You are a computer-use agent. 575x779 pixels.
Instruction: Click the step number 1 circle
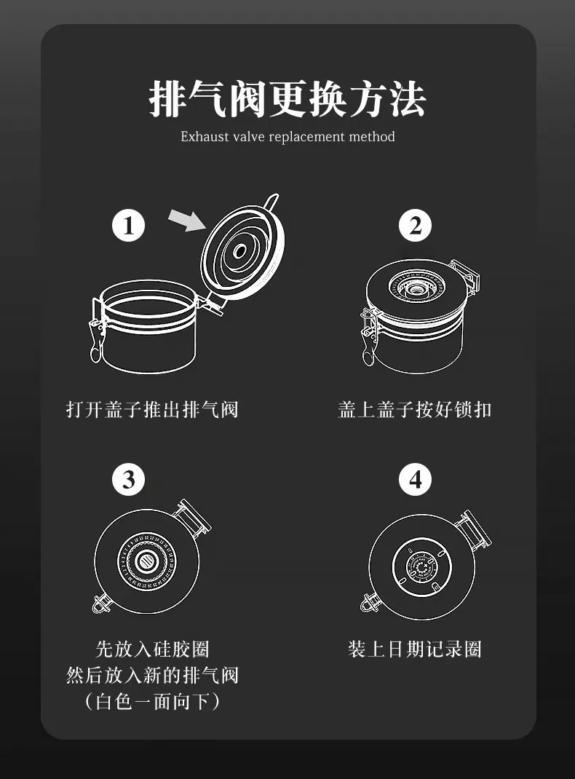pyautogui.click(x=128, y=226)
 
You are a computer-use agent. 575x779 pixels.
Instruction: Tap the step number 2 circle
pyautogui.click(x=415, y=226)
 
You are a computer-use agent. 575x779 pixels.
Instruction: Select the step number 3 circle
pyautogui.click(x=128, y=480)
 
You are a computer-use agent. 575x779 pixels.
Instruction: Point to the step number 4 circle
pyautogui.click(x=415, y=480)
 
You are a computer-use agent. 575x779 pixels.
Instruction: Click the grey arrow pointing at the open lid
pyautogui.click(x=187, y=220)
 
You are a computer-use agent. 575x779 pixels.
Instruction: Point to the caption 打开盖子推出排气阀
pyautogui.click(x=152, y=410)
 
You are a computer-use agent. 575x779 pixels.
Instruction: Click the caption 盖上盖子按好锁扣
pyautogui.click(x=415, y=410)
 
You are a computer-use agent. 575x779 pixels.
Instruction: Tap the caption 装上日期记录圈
pyautogui.click(x=415, y=649)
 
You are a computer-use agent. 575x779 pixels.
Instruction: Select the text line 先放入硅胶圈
pyautogui.click(x=152, y=649)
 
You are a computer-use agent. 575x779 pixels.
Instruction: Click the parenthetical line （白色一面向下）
pyautogui.click(x=152, y=702)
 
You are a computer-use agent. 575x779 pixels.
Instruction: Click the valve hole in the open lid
pyautogui.click(x=240, y=251)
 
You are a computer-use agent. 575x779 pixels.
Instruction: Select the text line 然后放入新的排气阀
pyautogui.click(x=152, y=675)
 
